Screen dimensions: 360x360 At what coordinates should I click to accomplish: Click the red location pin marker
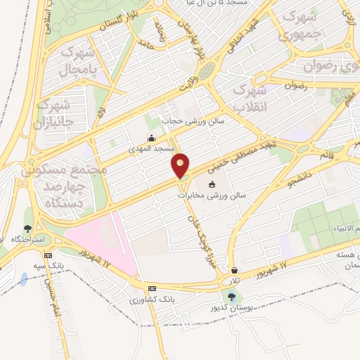pyautogui.click(x=181, y=165)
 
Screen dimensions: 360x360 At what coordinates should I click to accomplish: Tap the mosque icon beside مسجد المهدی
pyautogui.click(x=151, y=139)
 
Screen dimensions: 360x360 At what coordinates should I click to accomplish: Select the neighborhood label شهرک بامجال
pyautogui.click(x=78, y=61)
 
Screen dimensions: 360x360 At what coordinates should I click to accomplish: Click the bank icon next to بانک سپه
pyautogui.click(x=48, y=255)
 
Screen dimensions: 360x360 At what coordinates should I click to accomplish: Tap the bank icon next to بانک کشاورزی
pyautogui.click(x=152, y=289)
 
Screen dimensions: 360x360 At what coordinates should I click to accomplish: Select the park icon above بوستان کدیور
pyautogui.click(x=232, y=297)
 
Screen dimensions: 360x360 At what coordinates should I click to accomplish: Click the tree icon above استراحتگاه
pyautogui.click(x=27, y=228)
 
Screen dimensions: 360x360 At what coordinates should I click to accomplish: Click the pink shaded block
pyautogui.click(x=102, y=243)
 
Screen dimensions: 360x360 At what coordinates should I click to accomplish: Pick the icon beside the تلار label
pyautogui.click(x=233, y=270)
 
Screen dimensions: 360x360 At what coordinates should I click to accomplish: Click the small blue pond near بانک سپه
pyautogui.click(x=25, y=279)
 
